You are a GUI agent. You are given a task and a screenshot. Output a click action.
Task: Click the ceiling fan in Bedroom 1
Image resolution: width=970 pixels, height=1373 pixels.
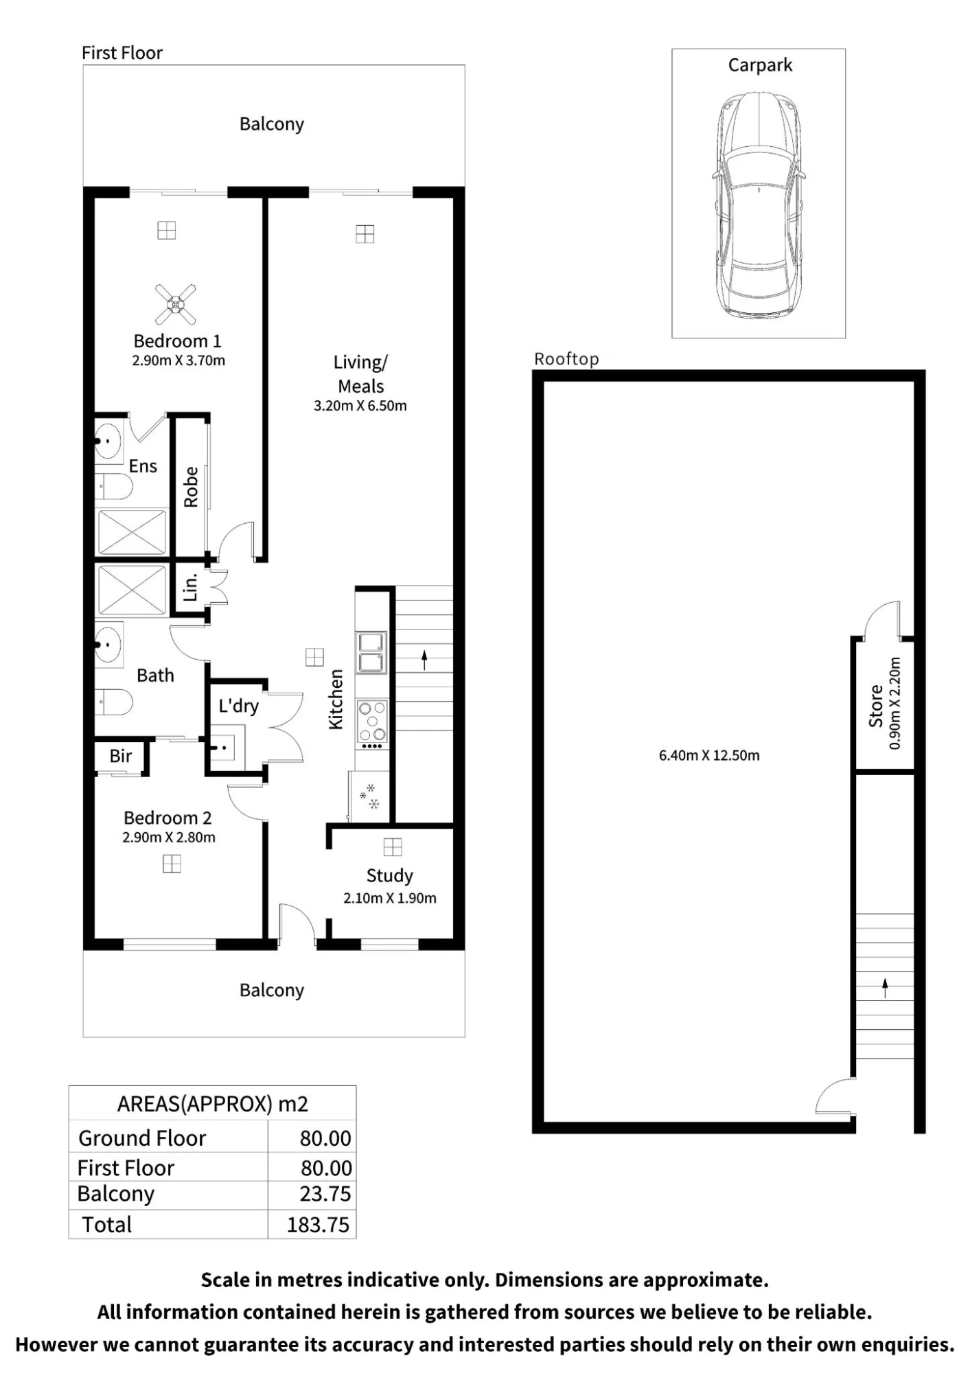pyautogui.click(x=175, y=304)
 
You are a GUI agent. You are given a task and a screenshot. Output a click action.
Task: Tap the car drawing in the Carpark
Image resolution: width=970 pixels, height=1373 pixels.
pyautogui.click(x=759, y=205)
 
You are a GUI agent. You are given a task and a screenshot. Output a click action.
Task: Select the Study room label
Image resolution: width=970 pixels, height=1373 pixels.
pyautogui.click(x=389, y=876)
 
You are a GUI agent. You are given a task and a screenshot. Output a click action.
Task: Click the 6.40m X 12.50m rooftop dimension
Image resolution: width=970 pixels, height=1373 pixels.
pyautogui.click(x=709, y=756)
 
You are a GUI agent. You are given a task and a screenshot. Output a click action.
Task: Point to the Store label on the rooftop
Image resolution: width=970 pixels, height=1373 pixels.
pyautogui.click(x=876, y=706)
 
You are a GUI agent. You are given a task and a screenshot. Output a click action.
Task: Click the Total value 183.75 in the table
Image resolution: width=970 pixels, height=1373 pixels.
pyautogui.click(x=318, y=1225)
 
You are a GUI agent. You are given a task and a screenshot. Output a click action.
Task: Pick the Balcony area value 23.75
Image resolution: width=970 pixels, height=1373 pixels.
pyautogui.click(x=325, y=1194)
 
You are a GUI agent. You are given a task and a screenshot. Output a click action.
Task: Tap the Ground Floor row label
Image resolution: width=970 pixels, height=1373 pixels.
pyautogui.click(x=142, y=1138)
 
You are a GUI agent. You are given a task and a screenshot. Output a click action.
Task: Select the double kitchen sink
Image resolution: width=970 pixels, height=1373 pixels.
pyautogui.click(x=371, y=652)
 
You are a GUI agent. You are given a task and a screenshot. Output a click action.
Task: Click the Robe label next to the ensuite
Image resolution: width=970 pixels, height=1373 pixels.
pyautogui.click(x=191, y=487)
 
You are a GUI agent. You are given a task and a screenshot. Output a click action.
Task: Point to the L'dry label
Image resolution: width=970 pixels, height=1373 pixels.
pyautogui.click(x=238, y=706)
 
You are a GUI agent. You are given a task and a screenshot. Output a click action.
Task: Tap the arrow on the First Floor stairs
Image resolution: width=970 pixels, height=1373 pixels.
pyautogui.click(x=424, y=660)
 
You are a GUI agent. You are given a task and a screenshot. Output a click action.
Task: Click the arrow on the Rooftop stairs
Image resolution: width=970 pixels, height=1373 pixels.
pyautogui.click(x=885, y=988)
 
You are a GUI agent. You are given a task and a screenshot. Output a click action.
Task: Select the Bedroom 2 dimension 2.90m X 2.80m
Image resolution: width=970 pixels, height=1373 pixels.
pyautogui.click(x=169, y=838)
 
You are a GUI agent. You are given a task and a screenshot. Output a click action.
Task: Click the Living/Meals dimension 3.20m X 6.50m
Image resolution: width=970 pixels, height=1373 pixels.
pyautogui.click(x=360, y=406)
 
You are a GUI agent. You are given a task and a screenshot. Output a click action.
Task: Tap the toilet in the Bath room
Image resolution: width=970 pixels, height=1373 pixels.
pyautogui.click(x=113, y=702)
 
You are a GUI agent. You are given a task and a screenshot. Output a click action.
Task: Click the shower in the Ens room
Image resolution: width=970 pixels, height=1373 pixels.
pyautogui.click(x=132, y=532)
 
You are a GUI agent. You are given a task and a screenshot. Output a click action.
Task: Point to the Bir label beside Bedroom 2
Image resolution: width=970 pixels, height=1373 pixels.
pyautogui.click(x=120, y=756)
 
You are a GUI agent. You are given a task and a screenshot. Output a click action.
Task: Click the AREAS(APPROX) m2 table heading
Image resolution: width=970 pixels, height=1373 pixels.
pyautogui.click(x=213, y=1104)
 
